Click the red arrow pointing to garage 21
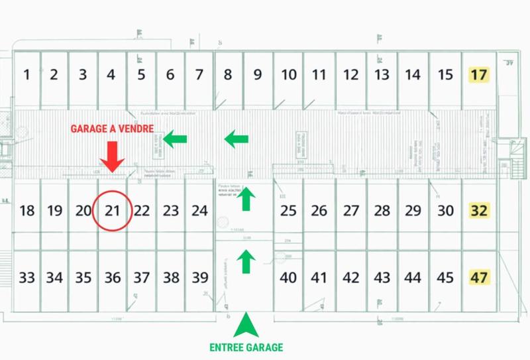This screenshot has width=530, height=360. click(111, 156)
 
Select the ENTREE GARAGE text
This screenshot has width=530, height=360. click(246, 347)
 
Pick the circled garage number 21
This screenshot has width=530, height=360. click(113, 211)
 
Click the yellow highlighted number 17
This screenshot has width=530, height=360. click(478, 75)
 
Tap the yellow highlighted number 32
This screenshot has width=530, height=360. click(478, 211)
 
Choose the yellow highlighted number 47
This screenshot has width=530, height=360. click(478, 277)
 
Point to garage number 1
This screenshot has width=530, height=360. click(26, 75)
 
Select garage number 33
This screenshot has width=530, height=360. click(26, 278)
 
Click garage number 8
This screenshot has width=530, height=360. click(228, 75)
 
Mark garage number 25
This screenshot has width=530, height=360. click(288, 211)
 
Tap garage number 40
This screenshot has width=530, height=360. click(288, 278)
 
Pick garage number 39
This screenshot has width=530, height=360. click(199, 278)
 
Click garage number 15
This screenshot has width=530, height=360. click(446, 75)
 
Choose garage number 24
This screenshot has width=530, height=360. click(199, 211)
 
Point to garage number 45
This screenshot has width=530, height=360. click(446, 278)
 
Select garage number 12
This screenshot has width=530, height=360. click(351, 75)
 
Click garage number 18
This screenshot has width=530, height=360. click(26, 211)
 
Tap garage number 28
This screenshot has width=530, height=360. click(382, 211)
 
